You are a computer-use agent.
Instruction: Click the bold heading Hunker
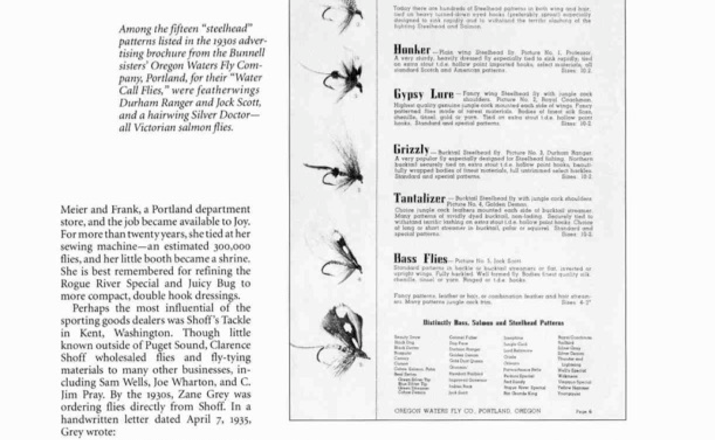(412, 50)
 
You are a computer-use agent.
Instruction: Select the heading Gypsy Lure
(424, 95)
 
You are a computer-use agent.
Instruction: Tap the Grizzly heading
(411, 150)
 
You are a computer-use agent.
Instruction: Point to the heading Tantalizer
(419, 198)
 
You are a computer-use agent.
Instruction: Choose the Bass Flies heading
(420, 259)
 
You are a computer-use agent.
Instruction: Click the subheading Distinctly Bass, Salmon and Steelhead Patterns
(493, 323)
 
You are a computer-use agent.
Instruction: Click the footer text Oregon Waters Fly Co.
(467, 411)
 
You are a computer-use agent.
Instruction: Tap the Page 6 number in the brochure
(583, 412)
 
